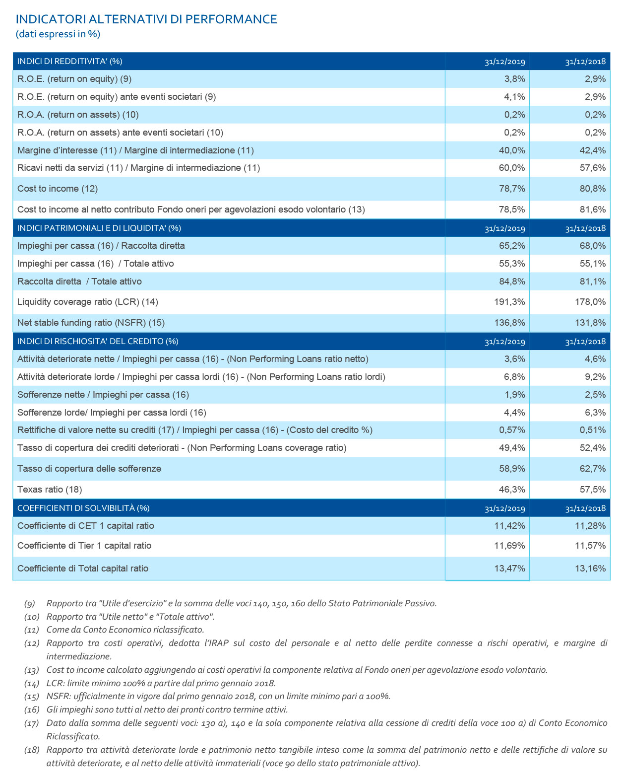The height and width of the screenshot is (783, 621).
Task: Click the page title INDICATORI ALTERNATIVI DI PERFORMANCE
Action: [x=146, y=19]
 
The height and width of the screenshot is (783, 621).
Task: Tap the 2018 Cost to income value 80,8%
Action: [x=592, y=189]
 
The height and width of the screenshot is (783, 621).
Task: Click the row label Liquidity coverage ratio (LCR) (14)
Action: [x=88, y=302]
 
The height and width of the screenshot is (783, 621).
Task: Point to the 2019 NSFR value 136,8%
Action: [x=509, y=323]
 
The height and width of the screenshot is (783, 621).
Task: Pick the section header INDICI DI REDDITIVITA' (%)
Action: [x=69, y=61]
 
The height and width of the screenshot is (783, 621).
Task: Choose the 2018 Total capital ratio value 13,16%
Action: [x=590, y=569]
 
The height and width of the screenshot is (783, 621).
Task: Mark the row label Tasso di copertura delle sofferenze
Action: [x=89, y=469]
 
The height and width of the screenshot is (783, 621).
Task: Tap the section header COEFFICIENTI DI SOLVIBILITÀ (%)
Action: [x=83, y=508]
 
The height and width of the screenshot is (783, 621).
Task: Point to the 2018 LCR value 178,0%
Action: [x=590, y=302]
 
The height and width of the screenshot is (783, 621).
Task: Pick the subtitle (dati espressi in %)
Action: [x=58, y=34]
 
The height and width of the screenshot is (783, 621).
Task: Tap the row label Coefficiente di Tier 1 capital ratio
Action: [x=84, y=546]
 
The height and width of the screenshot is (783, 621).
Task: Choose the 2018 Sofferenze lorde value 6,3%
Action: [x=595, y=413]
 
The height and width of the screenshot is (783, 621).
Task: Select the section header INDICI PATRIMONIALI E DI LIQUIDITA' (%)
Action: [x=99, y=228]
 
